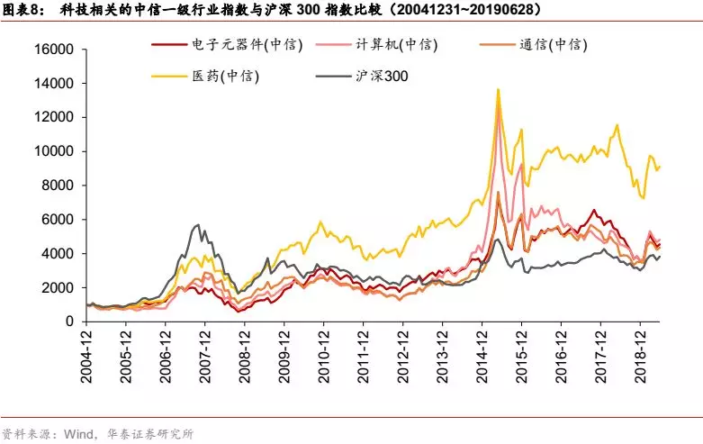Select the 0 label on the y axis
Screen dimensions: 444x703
click(x=69, y=322)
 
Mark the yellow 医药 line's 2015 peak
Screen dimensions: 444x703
click(x=498, y=89)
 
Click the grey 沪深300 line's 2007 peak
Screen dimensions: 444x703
click(x=200, y=225)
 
